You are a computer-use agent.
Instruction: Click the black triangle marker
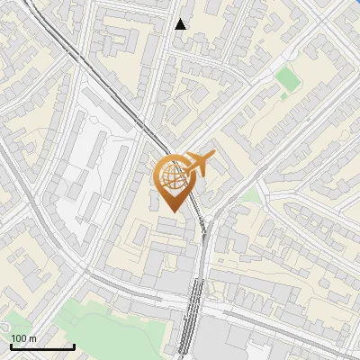tap(181, 24)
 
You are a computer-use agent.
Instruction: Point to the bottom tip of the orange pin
tap(175, 211)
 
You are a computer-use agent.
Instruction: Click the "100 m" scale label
tap(23, 338)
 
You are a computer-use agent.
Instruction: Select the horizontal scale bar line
tap(41, 346)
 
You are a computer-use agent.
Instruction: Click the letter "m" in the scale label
tap(32, 338)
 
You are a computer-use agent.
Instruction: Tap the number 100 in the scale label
tap(19, 338)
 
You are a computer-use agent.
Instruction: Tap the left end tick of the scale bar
tap(10, 345)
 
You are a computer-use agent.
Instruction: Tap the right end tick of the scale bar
tap(74, 345)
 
